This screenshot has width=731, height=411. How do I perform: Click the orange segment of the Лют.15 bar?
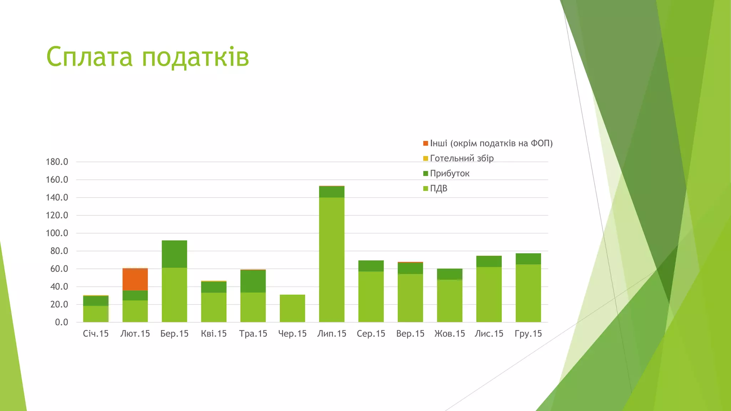pyautogui.click(x=135, y=279)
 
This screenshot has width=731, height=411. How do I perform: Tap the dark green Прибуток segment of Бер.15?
pyautogui.click(x=174, y=254)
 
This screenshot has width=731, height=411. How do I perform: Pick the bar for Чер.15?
pyautogui.click(x=292, y=308)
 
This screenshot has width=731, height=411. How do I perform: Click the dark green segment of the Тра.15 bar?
pyautogui.click(x=253, y=281)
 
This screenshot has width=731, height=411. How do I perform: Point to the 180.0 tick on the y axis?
pyautogui.click(x=57, y=162)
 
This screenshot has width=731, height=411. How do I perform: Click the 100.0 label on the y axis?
pyautogui.click(x=57, y=233)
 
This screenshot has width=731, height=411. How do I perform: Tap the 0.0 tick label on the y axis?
pyautogui.click(x=61, y=322)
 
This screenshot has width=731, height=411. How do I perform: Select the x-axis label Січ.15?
pyautogui.click(x=96, y=334)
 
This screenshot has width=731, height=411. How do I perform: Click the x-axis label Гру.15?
pyautogui.click(x=528, y=334)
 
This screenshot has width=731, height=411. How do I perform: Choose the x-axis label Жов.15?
pyautogui.click(x=449, y=334)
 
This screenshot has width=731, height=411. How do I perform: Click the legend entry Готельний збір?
pyautogui.click(x=462, y=158)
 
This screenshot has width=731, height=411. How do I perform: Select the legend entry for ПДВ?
pyautogui.click(x=438, y=188)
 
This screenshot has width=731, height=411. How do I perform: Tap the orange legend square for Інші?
pyautogui.click(x=425, y=143)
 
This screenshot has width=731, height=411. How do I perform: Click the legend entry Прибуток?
pyautogui.click(x=449, y=173)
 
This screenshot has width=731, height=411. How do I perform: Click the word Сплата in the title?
pyautogui.click(x=89, y=57)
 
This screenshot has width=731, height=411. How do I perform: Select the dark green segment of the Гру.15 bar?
pyautogui.click(x=528, y=259)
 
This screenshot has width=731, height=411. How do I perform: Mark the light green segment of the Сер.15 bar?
pyautogui.click(x=371, y=296)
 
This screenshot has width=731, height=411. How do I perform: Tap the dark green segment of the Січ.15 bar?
pyautogui.click(x=96, y=301)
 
